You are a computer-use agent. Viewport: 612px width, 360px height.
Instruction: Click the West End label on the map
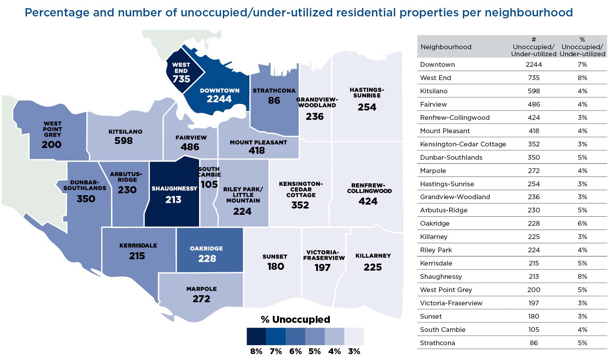tap(181, 68)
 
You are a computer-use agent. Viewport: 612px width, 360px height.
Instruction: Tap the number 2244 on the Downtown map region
tap(219, 99)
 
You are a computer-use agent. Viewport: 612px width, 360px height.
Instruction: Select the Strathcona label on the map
tap(274, 91)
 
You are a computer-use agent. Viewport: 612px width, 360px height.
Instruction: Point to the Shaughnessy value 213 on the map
tap(173, 200)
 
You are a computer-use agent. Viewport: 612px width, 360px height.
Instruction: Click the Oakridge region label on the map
tap(206, 248)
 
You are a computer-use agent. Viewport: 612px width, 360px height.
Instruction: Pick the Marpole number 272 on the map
tap(201, 299)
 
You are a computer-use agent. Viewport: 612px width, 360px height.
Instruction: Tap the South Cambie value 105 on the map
tap(209, 184)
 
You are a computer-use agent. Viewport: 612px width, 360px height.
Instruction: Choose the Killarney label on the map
tap(373, 256)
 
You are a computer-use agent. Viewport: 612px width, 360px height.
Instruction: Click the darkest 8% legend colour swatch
tap(256, 336)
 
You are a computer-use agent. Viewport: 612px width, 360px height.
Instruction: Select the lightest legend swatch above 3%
tap(354, 336)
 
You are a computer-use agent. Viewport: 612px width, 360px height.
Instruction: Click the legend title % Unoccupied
tap(295, 319)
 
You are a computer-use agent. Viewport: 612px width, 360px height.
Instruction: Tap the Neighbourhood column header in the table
tap(446, 47)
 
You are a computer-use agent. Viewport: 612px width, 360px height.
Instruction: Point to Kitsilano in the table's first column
tap(434, 91)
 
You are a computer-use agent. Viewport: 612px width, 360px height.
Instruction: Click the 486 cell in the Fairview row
tap(534, 104)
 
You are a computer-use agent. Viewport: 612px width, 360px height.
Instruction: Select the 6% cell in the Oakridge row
tap(582, 223)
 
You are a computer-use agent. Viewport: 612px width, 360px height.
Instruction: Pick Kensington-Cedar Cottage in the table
tap(463, 144)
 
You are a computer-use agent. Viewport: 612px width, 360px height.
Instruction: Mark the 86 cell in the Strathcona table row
tap(534, 343)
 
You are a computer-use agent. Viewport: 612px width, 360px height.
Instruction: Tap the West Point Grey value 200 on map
tap(52, 145)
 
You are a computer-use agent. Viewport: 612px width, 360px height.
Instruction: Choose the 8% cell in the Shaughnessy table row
tap(582, 276)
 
